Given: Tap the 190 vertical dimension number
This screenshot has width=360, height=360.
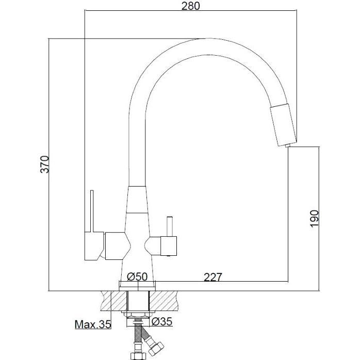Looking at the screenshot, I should coord(315,219).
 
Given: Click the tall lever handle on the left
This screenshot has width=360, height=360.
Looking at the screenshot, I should coord(92,211).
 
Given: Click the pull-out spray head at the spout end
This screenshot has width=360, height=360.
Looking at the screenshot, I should coord(284,124).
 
